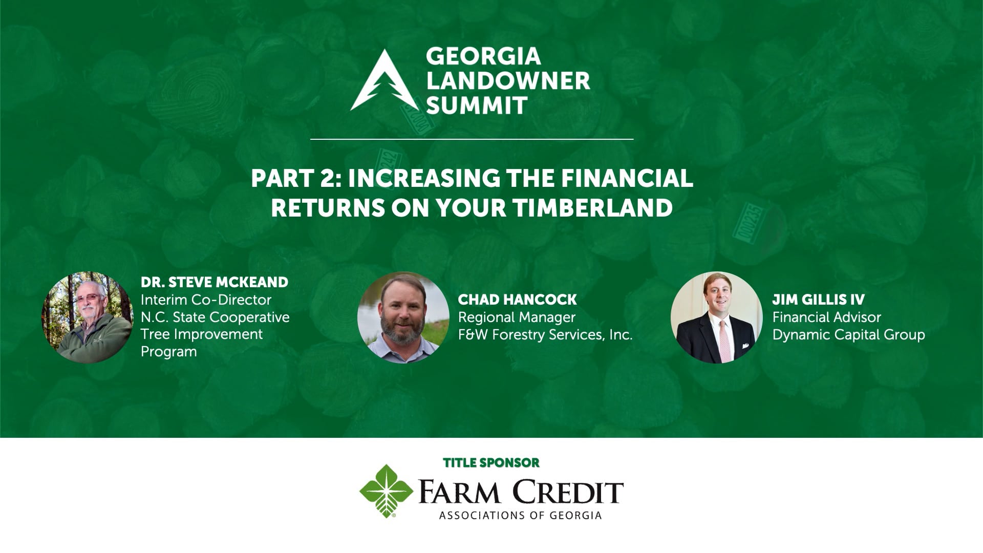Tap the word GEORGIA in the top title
tap(483, 56)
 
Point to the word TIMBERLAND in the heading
tap(592, 208)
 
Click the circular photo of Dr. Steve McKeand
tap(87, 317)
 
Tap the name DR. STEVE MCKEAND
tap(215, 282)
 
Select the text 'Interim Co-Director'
tap(206, 300)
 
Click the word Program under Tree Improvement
tap(168, 352)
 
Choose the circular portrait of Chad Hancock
tap(403, 317)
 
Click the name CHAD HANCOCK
tap(517, 300)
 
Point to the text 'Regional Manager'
tap(517, 317)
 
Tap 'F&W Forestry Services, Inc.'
tap(545, 334)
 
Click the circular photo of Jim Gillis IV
tap(716, 317)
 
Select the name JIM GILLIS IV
tap(818, 300)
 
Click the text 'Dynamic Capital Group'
tap(848, 334)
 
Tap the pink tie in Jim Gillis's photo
tap(724, 338)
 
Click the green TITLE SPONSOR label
tap(491, 463)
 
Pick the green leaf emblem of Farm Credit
tap(386, 491)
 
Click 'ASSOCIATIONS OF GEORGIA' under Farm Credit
tap(520, 515)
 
